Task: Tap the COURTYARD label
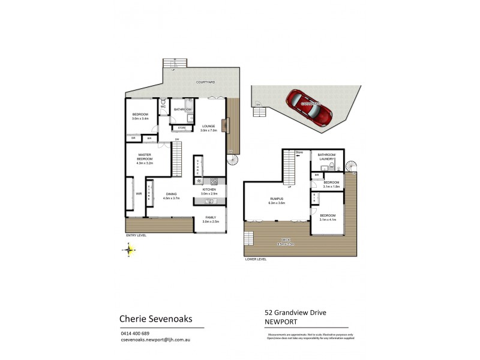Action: point(205,82)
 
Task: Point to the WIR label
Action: point(138,194)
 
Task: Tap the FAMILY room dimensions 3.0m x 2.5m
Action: point(211,222)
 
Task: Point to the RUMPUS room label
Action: point(277,199)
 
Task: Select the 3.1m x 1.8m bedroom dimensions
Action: point(331,187)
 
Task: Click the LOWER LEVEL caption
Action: point(255,259)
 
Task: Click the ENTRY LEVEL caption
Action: point(136,235)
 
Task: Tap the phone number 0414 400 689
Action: point(135,333)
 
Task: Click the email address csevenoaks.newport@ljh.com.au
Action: point(156,340)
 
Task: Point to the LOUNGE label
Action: point(208,126)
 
